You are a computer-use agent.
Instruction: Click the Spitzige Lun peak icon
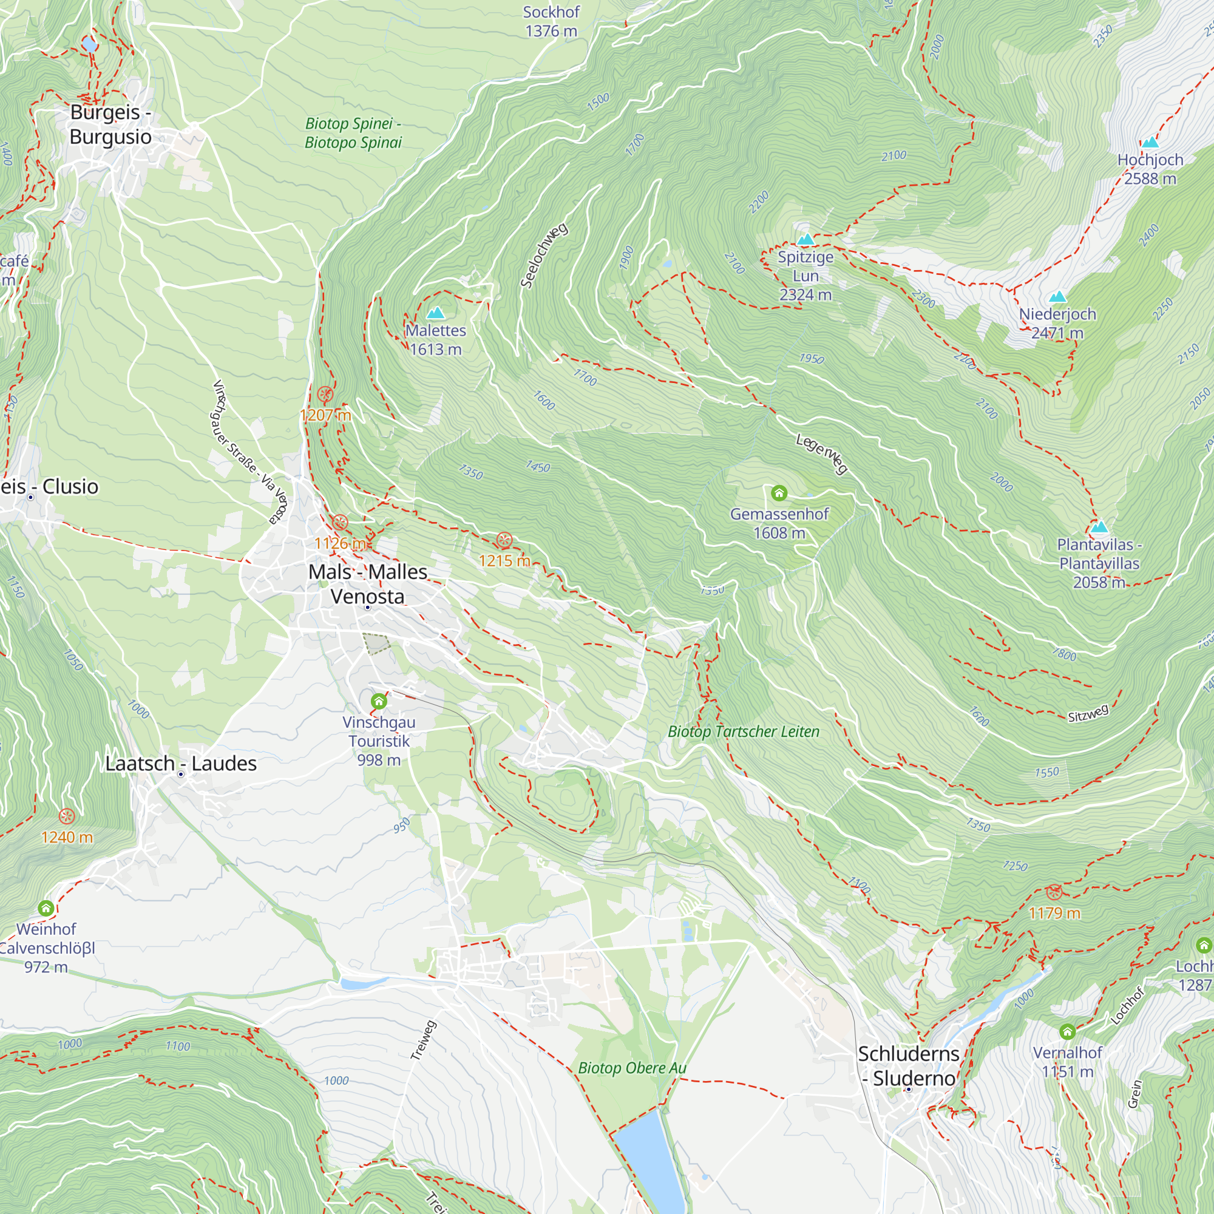pyautogui.click(x=805, y=239)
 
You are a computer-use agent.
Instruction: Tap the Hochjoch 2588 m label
pyautogui.click(x=1150, y=169)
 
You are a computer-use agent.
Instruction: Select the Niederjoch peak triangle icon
pyautogui.click(x=1057, y=297)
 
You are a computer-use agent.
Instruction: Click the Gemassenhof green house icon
pyautogui.click(x=779, y=493)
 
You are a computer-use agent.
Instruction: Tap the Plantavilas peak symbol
pyautogui.click(x=1099, y=526)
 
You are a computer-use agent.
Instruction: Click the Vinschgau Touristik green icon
pyautogui.click(x=378, y=700)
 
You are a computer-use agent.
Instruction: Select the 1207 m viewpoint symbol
pyautogui.click(x=325, y=395)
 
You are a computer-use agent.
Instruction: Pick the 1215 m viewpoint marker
pyautogui.click(x=504, y=540)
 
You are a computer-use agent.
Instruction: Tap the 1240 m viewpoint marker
pyautogui.click(x=67, y=816)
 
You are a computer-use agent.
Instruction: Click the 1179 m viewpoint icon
pyautogui.click(x=1054, y=892)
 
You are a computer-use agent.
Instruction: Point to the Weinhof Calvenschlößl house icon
pyautogui.click(x=46, y=908)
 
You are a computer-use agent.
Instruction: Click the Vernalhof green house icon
pyautogui.click(x=1067, y=1032)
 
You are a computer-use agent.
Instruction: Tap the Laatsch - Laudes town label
pyautogui.click(x=181, y=764)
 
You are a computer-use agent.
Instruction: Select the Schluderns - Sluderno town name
pyautogui.click(x=909, y=1066)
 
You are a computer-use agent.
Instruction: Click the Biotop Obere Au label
pyautogui.click(x=632, y=1068)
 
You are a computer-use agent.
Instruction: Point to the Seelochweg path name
pyautogui.click(x=544, y=255)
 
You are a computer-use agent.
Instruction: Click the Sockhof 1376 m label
pyautogui.click(x=551, y=21)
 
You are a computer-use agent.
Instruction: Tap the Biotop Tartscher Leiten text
pyautogui.click(x=744, y=731)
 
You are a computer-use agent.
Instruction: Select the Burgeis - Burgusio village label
pyautogui.click(x=110, y=124)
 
